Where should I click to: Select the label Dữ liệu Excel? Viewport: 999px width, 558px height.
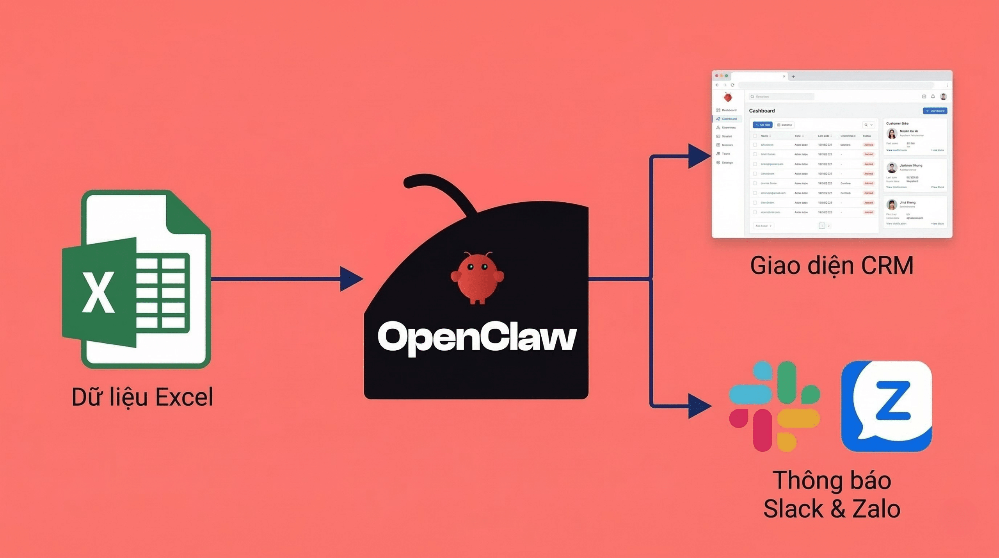coord(142,397)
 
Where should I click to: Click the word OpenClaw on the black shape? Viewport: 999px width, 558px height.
coord(477,337)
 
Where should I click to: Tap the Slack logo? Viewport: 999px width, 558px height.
coord(774,406)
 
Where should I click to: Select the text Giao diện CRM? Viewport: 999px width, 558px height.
coord(832,266)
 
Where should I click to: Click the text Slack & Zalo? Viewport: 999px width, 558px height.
coord(832,509)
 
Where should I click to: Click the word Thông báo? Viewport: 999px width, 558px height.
coord(832,480)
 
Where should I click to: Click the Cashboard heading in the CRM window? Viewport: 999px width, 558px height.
coord(762,111)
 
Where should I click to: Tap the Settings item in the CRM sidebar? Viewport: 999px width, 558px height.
coord(727,162)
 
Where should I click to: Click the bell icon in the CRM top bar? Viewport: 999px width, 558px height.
coord(933,96)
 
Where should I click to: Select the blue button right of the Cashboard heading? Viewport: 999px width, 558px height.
coord(935,111)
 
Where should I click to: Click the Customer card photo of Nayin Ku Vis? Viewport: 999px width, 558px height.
coord(892,134)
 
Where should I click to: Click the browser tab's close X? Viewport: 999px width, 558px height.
coord(784,77)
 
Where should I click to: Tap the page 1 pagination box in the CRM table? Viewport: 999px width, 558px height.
coord(821,226)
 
